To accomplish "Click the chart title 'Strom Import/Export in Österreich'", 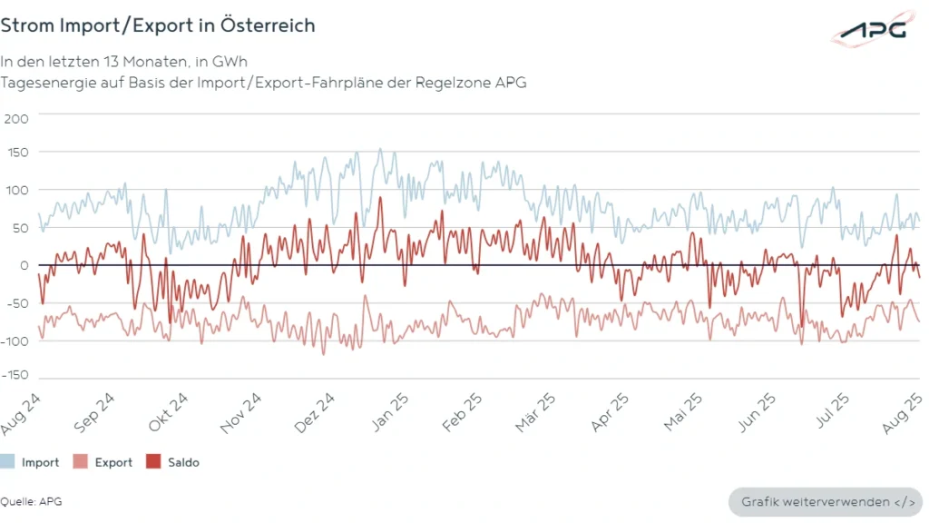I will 158,25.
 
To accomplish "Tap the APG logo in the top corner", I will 872,30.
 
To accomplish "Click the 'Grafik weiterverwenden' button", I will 825,501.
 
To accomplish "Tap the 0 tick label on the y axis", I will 24,265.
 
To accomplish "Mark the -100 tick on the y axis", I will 15,340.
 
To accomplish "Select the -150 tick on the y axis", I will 15,374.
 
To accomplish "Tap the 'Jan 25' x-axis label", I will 390,411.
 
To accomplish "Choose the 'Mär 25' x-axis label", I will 536,411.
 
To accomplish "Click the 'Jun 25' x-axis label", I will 756,411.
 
